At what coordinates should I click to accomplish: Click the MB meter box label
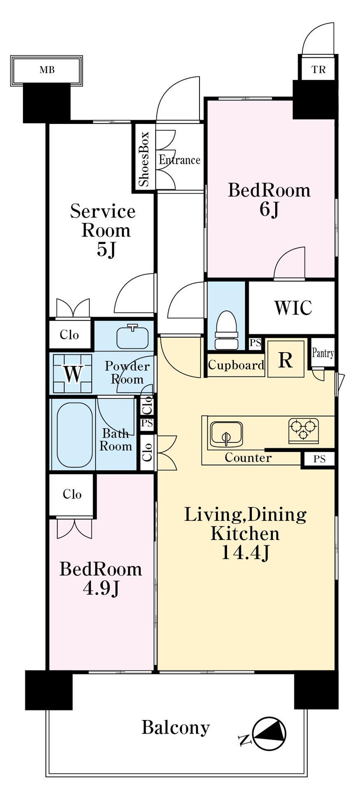point(47,70)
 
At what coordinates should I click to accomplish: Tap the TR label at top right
point(318,70)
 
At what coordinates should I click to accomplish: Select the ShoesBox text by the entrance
point(144,159)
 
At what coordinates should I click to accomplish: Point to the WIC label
point(293,307)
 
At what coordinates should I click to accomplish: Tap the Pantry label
point(323,353)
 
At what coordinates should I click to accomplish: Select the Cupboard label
point(236,365)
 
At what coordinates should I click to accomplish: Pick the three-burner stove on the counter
point(304,430)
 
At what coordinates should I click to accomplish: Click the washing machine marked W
point(72,374)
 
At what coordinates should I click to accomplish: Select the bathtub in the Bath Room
point(75,434)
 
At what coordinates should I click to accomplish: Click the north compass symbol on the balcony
point(269,734)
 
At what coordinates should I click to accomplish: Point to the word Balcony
point(176,727)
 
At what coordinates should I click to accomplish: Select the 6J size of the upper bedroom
point(269,209)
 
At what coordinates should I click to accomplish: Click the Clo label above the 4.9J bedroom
point(72,494)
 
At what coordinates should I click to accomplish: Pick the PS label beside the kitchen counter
point(319,459)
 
